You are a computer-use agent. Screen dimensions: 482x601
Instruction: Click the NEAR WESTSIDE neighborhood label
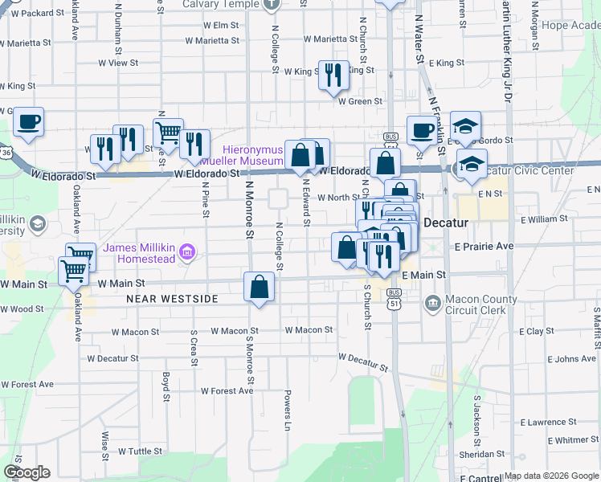(x=172, y=299)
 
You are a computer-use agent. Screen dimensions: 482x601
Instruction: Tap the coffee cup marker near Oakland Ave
(x=28, y=122)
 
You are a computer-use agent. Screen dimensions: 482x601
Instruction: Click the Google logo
(x=27, y=472)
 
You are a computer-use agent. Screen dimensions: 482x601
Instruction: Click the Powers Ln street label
(x=286, y=405)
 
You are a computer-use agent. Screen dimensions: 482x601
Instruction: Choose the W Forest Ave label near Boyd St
(x=227, y=391)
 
